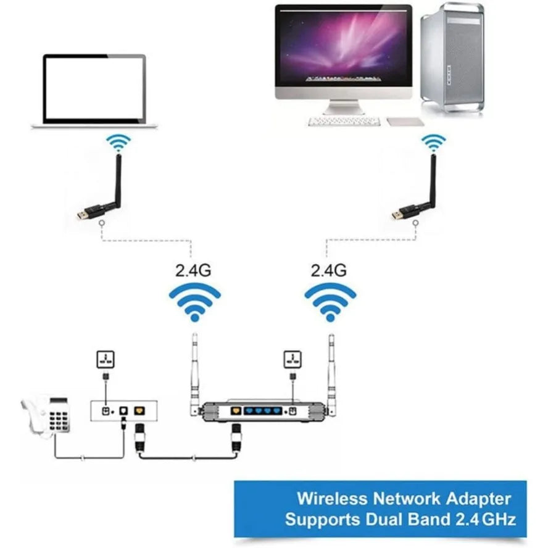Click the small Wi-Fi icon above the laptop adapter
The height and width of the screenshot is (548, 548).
pos(117,146)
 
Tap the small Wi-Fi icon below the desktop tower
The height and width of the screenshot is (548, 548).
pos(433,143)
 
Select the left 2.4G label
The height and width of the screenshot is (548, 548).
pos(194,270)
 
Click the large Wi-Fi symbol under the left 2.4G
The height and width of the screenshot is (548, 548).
pos(195,301)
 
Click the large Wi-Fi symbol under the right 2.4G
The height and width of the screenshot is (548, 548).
pos(330,301)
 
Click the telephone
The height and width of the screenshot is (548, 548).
pos(53,417)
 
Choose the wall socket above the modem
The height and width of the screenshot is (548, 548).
pos(106,359)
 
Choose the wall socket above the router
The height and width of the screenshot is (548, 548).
pos(291,359)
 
